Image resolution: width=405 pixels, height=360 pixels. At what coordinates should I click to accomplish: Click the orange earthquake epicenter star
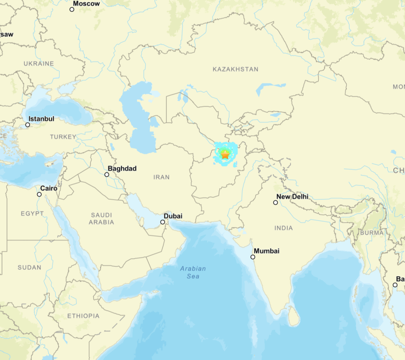click(x=225, y=155)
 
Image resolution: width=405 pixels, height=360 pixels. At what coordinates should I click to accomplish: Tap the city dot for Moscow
click(x=72, y=9)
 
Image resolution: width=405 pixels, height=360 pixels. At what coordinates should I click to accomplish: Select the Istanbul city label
click(x=41, y=119)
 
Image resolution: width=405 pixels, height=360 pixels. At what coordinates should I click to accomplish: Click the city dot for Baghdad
click(x=107, y=175)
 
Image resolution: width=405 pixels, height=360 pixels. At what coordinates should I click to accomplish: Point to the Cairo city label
click(x=49, y=188)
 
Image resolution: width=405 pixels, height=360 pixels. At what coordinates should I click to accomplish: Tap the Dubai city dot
click(x=162, y=222)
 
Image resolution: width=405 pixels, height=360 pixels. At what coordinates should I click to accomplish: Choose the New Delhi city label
click(x=292, y=197)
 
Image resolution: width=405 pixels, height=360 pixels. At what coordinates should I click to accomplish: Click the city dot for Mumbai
click(x=253, y=257)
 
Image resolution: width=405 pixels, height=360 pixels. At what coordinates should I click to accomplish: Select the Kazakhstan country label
click(x=235, y=69)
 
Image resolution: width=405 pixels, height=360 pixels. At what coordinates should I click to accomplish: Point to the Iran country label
click(x=162, y=177)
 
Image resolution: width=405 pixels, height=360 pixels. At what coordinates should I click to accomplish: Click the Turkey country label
click(x=63, y=136)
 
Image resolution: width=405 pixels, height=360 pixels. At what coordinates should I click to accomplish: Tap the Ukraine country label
click(x=39, y=63)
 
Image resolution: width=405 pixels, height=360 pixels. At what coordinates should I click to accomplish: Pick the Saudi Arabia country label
click(x=101, y=218)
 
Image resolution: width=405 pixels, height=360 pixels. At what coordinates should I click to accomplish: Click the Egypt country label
click(x=32, y=213)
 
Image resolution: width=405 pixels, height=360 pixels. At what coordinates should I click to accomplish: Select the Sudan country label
click(x=29, y=267)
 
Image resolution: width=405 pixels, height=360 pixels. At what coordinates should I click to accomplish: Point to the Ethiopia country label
click(x=83, y=316)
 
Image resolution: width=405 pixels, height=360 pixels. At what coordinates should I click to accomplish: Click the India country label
click(x=283, y=228)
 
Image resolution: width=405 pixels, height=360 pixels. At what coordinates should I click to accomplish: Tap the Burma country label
click(x=372, y=232)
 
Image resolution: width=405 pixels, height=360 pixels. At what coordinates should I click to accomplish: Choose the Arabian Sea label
click(x=193, y=272)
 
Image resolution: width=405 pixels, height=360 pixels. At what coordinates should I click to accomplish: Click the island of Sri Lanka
click(x=293, y=317)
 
